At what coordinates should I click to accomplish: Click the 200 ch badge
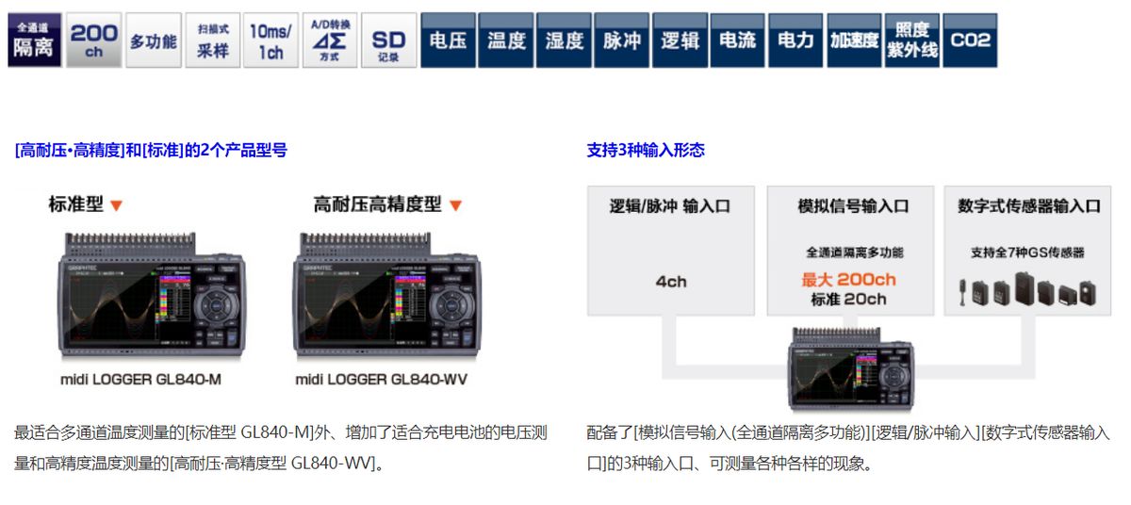[x=93, y=41]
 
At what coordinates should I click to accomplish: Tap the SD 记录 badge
[x=387, y=41]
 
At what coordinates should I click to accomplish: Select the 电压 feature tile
[x=448, y=41]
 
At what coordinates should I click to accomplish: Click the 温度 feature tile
[x=506, y=41]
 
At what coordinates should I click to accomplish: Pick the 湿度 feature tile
[x=564, y=41]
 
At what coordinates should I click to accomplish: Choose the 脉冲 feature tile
[x=622, y=41]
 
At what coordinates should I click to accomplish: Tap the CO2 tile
[x=970, y=41]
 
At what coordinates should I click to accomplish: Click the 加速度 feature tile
[x=854, y=41]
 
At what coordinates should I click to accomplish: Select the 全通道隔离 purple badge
[x=34, y=41]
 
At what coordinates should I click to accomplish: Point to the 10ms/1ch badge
[x=270, y=41]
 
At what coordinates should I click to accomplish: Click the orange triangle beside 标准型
[x=117, y=205]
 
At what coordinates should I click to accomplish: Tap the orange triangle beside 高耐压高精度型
[x=455, y=205]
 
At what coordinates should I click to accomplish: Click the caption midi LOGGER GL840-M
[x=135, y=380]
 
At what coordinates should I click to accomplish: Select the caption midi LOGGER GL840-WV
[x=381, y=380]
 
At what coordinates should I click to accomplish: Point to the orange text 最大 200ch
[x=848, y=280]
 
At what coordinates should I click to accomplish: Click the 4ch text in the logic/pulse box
[x=670, y=282]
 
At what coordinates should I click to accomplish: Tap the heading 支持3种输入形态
[x=646, y=150]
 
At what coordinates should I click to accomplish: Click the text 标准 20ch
[x=848, y=300]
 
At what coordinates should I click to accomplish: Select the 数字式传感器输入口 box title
[x=1028, y=206]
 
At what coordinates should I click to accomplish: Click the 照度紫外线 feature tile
[x=911, y=41]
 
